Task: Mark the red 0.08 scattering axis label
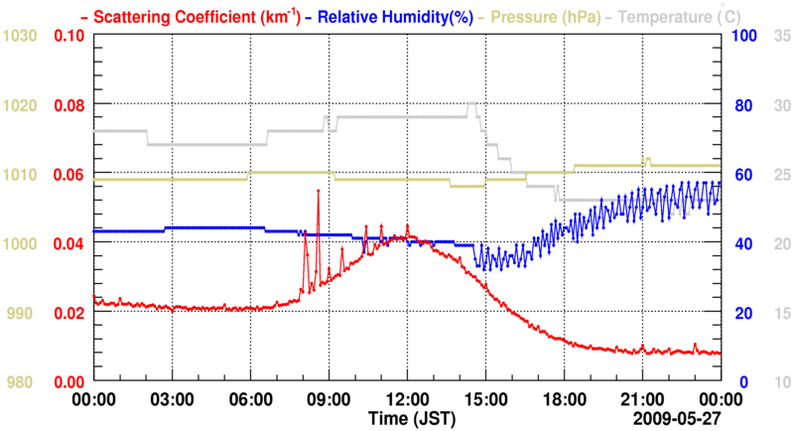(68, 105)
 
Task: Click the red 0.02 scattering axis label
(68, 313)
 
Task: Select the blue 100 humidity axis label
(744, 36)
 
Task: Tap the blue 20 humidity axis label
(740, 313)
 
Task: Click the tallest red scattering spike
(318, 190)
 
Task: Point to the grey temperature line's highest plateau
(472, 103)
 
